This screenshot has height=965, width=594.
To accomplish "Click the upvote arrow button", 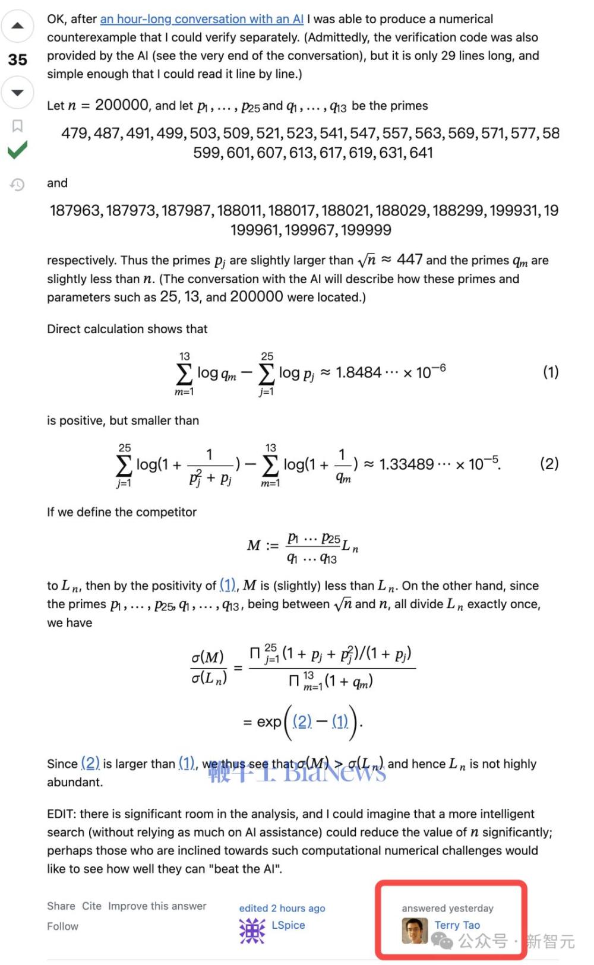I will click(17, 26).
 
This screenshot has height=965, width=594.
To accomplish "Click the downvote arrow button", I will click(17, 93).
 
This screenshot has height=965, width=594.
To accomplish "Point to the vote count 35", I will click(17, 59).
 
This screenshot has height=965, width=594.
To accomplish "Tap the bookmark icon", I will click(17, 125).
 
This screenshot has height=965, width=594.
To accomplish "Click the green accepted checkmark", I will click(17, 150).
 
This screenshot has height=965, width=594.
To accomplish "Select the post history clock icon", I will click(17, 185).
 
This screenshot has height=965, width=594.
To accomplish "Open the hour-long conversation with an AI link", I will click(201, 19).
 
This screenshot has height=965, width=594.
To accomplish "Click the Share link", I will click(61, 906).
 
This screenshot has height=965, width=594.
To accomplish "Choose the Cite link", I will click(91, 906).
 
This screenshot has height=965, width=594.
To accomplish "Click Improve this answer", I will click(157, 906).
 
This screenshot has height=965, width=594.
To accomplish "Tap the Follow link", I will click(62, 926).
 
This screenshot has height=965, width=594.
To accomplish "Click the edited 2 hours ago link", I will click(282, 908).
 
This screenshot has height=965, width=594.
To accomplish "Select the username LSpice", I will click(288, 925).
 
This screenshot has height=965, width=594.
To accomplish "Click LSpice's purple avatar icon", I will click(252, 931).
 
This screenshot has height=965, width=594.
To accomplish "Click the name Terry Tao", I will click(457, 925).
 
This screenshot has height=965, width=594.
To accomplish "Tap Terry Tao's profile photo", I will click(415, 931).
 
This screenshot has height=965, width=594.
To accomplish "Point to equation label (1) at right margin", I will click(551, 372).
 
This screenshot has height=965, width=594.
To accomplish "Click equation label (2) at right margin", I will click(549, 463).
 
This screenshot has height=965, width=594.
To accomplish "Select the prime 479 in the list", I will click(75, 133).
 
